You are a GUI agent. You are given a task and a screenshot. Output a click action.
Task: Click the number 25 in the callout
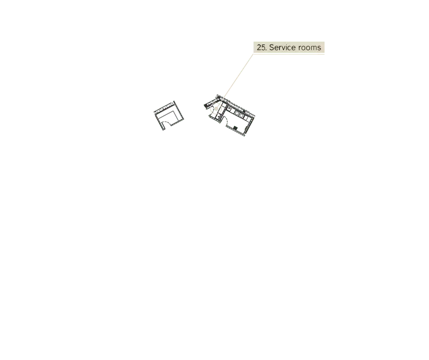tap(261, 47)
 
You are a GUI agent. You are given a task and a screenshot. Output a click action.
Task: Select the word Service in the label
tap(283, 47)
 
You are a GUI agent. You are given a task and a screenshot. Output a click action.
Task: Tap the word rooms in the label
tap(310, 47)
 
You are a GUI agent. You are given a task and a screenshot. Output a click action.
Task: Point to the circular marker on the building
tap(216, 108)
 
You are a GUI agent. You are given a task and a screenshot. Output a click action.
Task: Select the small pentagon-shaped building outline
tap(168, 115)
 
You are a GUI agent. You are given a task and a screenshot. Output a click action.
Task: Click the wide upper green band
tap(335, 86)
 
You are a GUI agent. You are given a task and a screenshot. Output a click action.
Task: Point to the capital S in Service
tap(272, 47)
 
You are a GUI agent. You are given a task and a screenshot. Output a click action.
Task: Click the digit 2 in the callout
tap(259, 47)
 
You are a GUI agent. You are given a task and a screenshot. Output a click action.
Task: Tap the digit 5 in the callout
tap(263, 47)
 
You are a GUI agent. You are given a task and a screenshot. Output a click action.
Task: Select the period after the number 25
tap(266, 49)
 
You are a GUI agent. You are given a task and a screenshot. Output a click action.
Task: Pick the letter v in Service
tap(283, 47)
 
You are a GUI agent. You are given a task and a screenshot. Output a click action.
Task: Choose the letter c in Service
tap(289, 47)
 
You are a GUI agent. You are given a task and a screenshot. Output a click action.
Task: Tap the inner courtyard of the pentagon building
tap(168, 116)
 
